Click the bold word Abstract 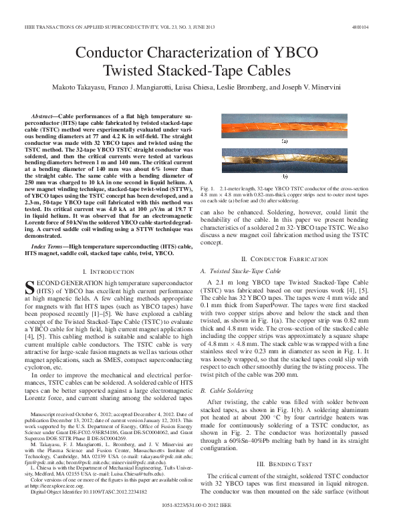click(54, 116)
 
